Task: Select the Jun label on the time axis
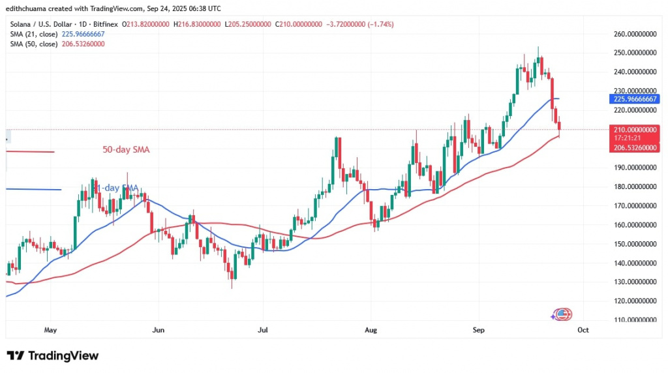[x=158, y=330]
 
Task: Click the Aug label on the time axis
[x=370, y=330]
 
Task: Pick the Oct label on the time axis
[x=583, y=330]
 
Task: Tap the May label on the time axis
[x=52, y=330]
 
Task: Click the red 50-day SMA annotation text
[x=127, y=150]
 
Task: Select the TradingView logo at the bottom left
[x=53, y=356]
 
